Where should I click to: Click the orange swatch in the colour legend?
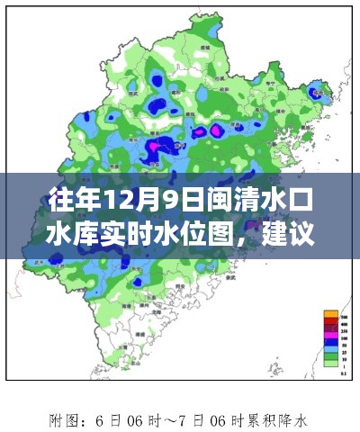(330, 313)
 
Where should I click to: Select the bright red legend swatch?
(330, 321)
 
